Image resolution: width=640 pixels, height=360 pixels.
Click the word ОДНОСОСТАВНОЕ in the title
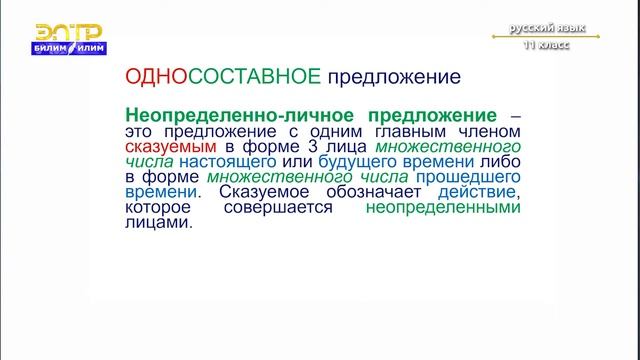(222, 76)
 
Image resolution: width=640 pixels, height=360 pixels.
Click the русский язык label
(548, 29)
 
